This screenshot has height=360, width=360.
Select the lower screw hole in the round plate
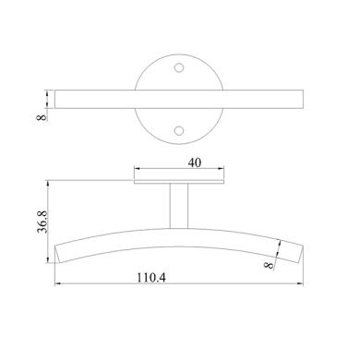tap(180, 130)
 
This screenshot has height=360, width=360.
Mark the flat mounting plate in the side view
tap(180, 181)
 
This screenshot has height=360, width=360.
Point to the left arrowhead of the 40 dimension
tap(136, 169)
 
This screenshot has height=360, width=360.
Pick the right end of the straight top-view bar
tap(301, 98)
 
